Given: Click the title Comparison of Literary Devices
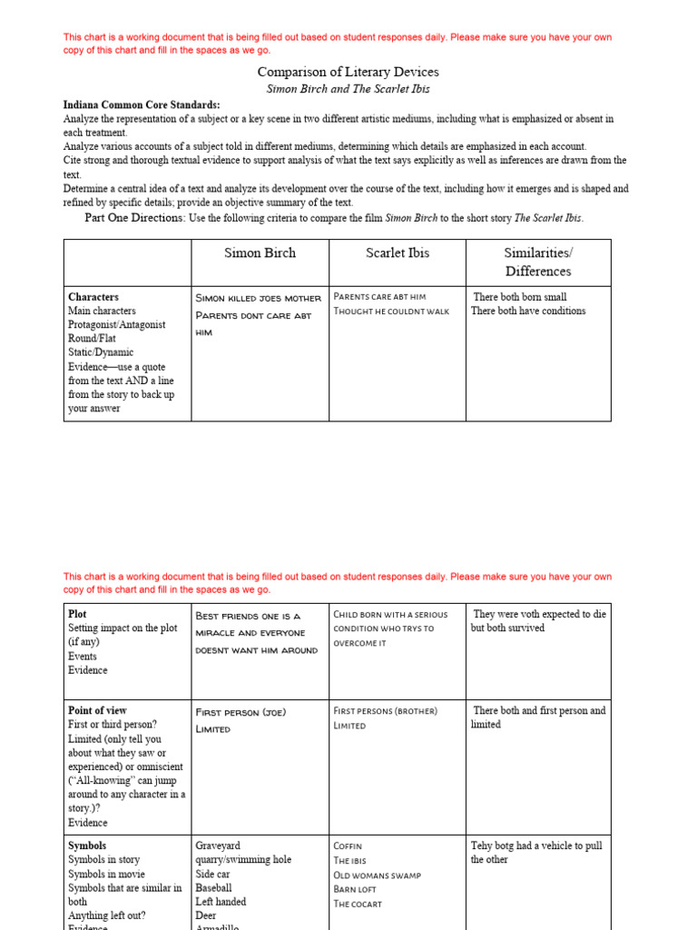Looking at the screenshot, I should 348,72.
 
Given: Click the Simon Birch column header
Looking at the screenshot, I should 260,253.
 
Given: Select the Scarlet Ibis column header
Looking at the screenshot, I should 398,253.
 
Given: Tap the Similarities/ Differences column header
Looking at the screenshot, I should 538,262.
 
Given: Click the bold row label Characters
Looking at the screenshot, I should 93,297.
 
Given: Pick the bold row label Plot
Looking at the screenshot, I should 77,614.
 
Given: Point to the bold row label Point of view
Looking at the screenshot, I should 97,710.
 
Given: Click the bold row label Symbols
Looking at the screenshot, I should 87,846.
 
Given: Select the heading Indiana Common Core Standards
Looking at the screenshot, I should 142,104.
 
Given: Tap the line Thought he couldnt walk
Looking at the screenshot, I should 391,312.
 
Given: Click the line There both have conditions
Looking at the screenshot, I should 528,311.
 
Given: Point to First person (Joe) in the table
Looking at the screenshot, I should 241,712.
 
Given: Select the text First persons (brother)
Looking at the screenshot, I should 385,711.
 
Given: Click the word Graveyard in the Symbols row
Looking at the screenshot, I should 218,846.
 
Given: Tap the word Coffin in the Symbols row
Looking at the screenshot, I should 348,846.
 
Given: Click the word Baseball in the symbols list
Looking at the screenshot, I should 213,887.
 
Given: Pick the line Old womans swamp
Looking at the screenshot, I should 377,876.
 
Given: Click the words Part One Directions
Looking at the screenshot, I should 134,218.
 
